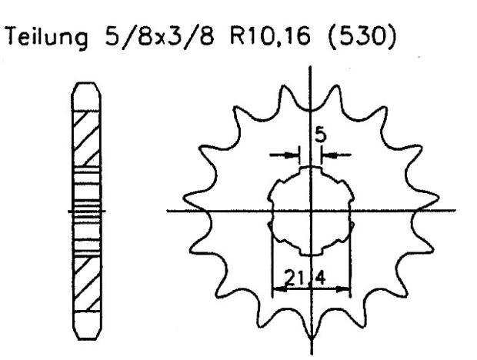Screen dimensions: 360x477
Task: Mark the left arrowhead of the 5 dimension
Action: tap(295, 155)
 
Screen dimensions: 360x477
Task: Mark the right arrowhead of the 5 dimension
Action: tap(326, 155)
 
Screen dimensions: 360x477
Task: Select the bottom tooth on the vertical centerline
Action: tap(311, 327)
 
